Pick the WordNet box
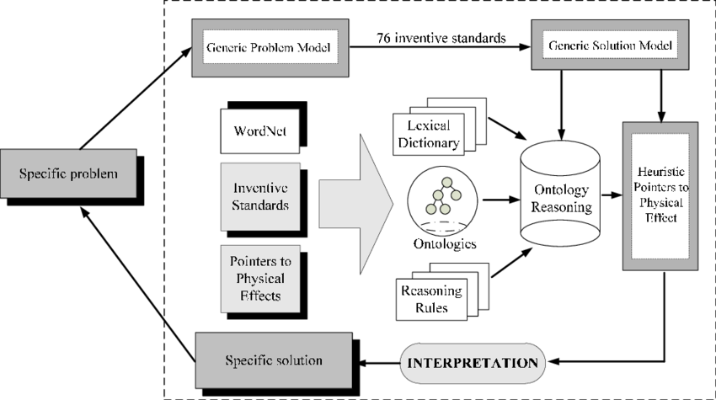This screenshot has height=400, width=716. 261,132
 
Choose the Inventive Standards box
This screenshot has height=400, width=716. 259,195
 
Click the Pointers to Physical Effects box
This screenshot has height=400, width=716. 259,278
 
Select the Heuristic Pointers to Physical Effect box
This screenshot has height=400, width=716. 660,195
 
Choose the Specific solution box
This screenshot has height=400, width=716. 274,360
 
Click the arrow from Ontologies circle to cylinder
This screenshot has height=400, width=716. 499,200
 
